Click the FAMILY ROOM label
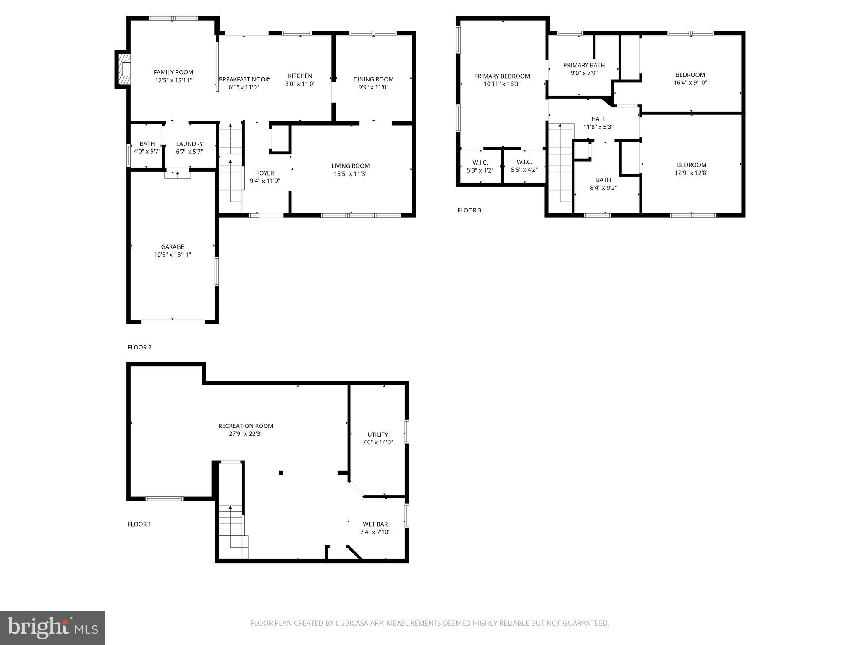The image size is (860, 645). (173, 72)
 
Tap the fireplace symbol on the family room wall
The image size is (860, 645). (123, 69)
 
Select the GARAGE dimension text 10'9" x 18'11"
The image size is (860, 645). (172, 254)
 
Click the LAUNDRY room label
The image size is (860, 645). (189, 144)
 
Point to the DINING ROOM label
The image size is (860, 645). (373, 79)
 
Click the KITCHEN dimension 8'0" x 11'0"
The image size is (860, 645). (300, 84)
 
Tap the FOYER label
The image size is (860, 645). (265, 173)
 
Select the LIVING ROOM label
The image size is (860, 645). (350, 166)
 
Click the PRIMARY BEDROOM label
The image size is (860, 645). (502, 76)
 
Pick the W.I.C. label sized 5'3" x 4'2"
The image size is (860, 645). (480, 163)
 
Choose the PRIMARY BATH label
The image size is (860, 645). (584, 65)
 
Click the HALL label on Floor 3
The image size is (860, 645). (598, 119)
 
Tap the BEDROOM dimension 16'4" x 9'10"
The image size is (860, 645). (690, 83)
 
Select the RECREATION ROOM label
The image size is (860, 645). (246, 426)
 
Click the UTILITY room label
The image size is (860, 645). (378, 434)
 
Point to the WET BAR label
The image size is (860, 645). (375, 524)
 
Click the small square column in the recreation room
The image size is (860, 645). (281, 473)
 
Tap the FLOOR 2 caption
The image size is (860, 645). (139, 347)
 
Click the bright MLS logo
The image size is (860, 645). (52, 627)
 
